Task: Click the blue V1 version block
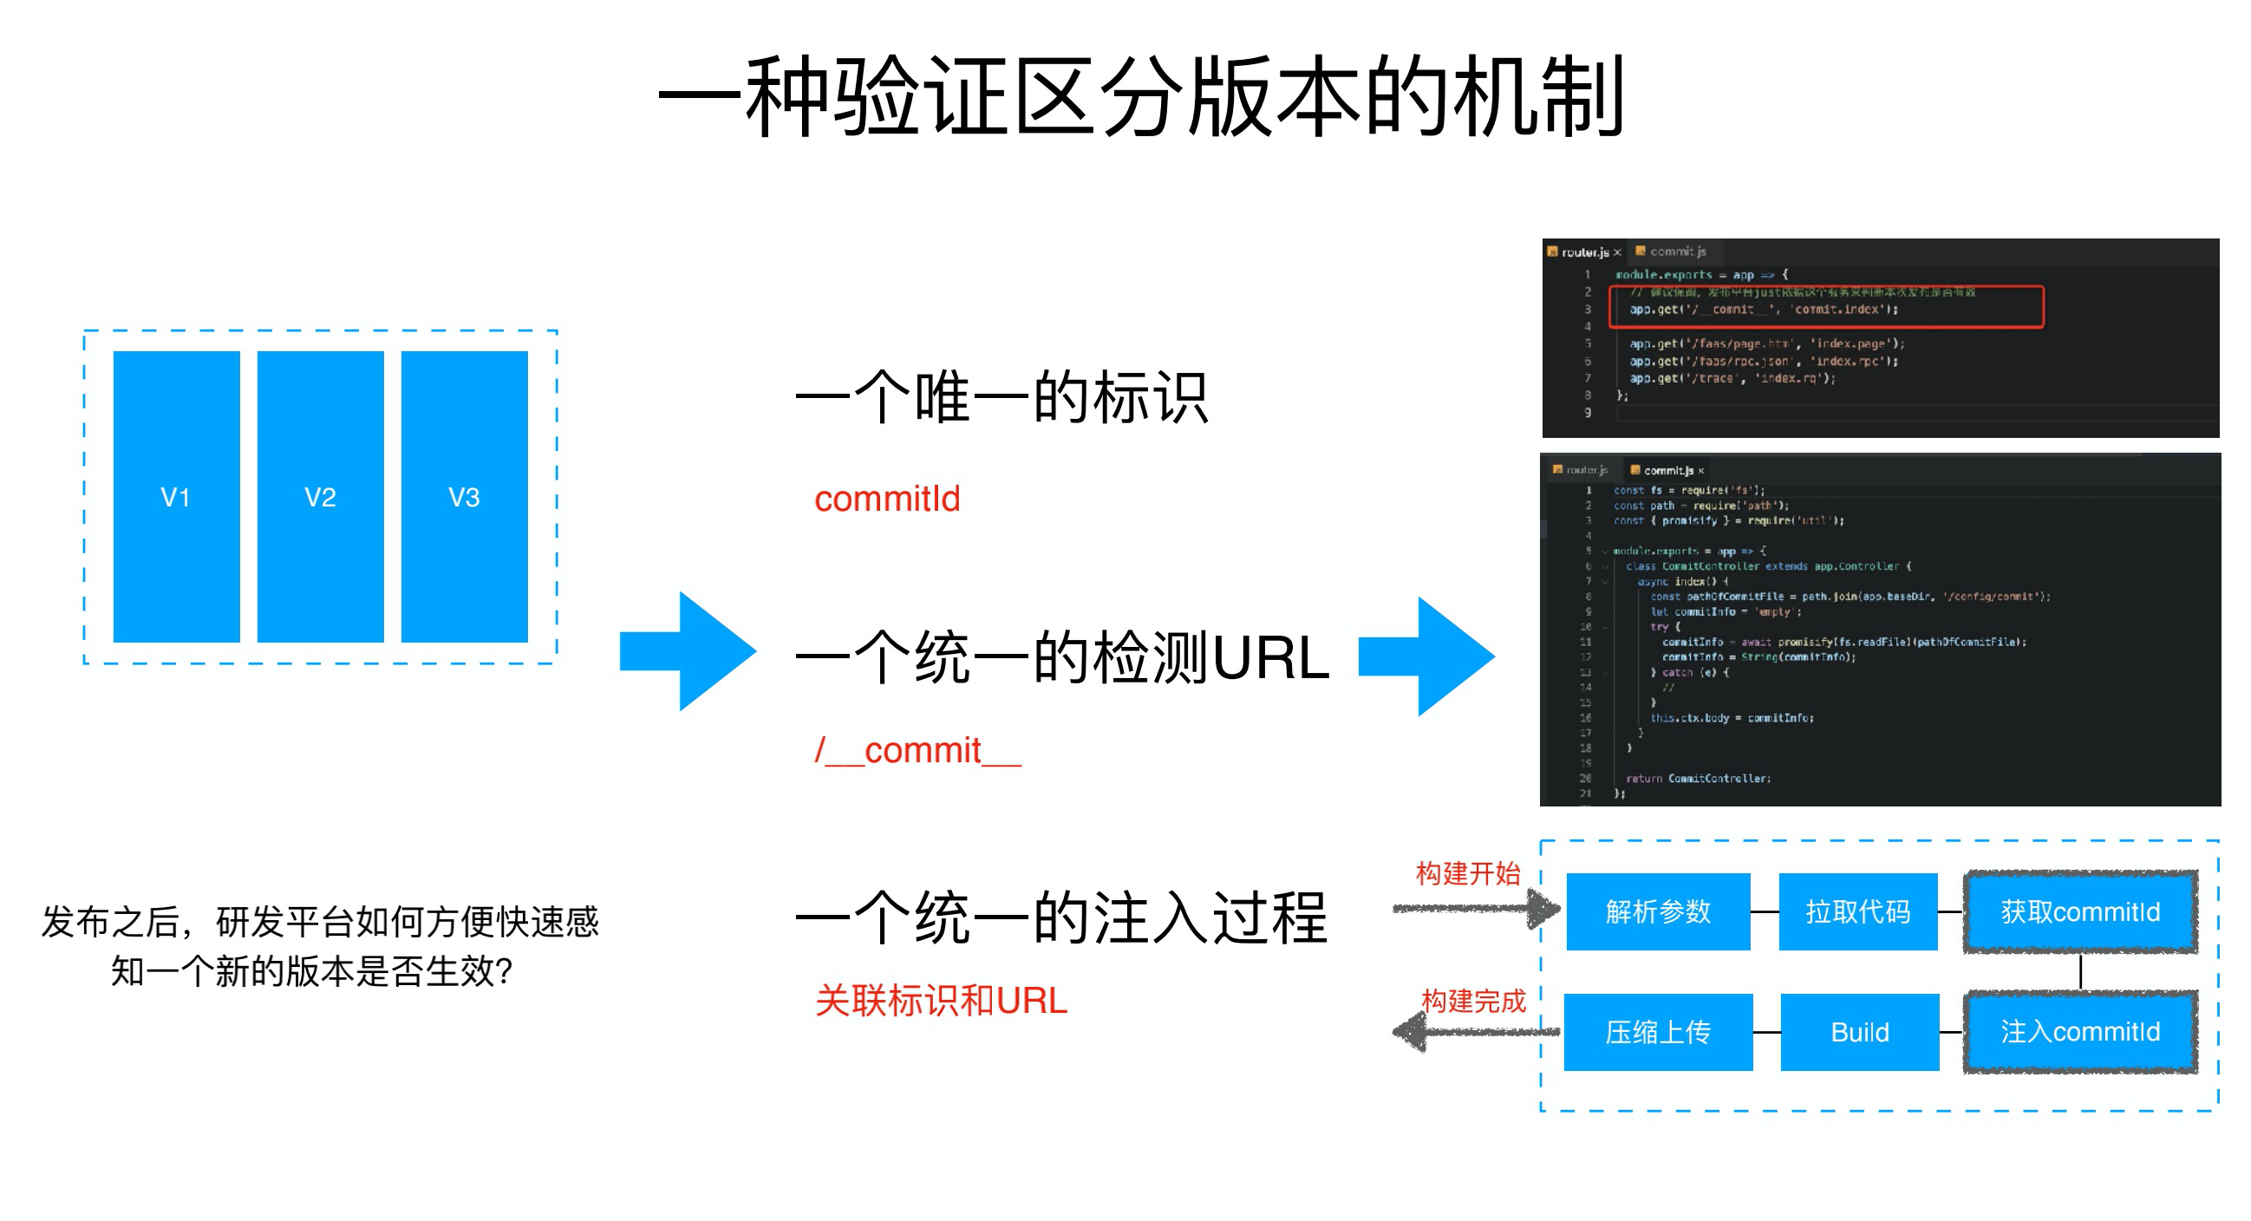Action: [x=177, y=496]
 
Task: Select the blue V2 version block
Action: [x=321, y=496]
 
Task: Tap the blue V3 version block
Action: [x=464, y=496]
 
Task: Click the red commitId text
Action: [x=887, y=499]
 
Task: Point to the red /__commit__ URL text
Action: [x=917, y=751]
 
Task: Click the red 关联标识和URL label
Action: [x=941, y=1001]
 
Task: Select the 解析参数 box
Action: [x=1658, y=911]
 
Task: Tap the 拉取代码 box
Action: [x=1858, y=911]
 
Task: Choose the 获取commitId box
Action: [x=2079, y=911]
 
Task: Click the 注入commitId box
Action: [x=2079, y=1032]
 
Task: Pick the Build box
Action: [x=1860, y=1032]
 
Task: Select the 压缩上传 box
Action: [x=1658, y=1032]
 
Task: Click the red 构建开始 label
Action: [x=1468, y=873]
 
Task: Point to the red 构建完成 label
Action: [x=1473, y=1001]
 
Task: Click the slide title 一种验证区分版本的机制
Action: [x=1141, y=96]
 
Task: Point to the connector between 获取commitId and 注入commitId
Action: [x=2080, y=972]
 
